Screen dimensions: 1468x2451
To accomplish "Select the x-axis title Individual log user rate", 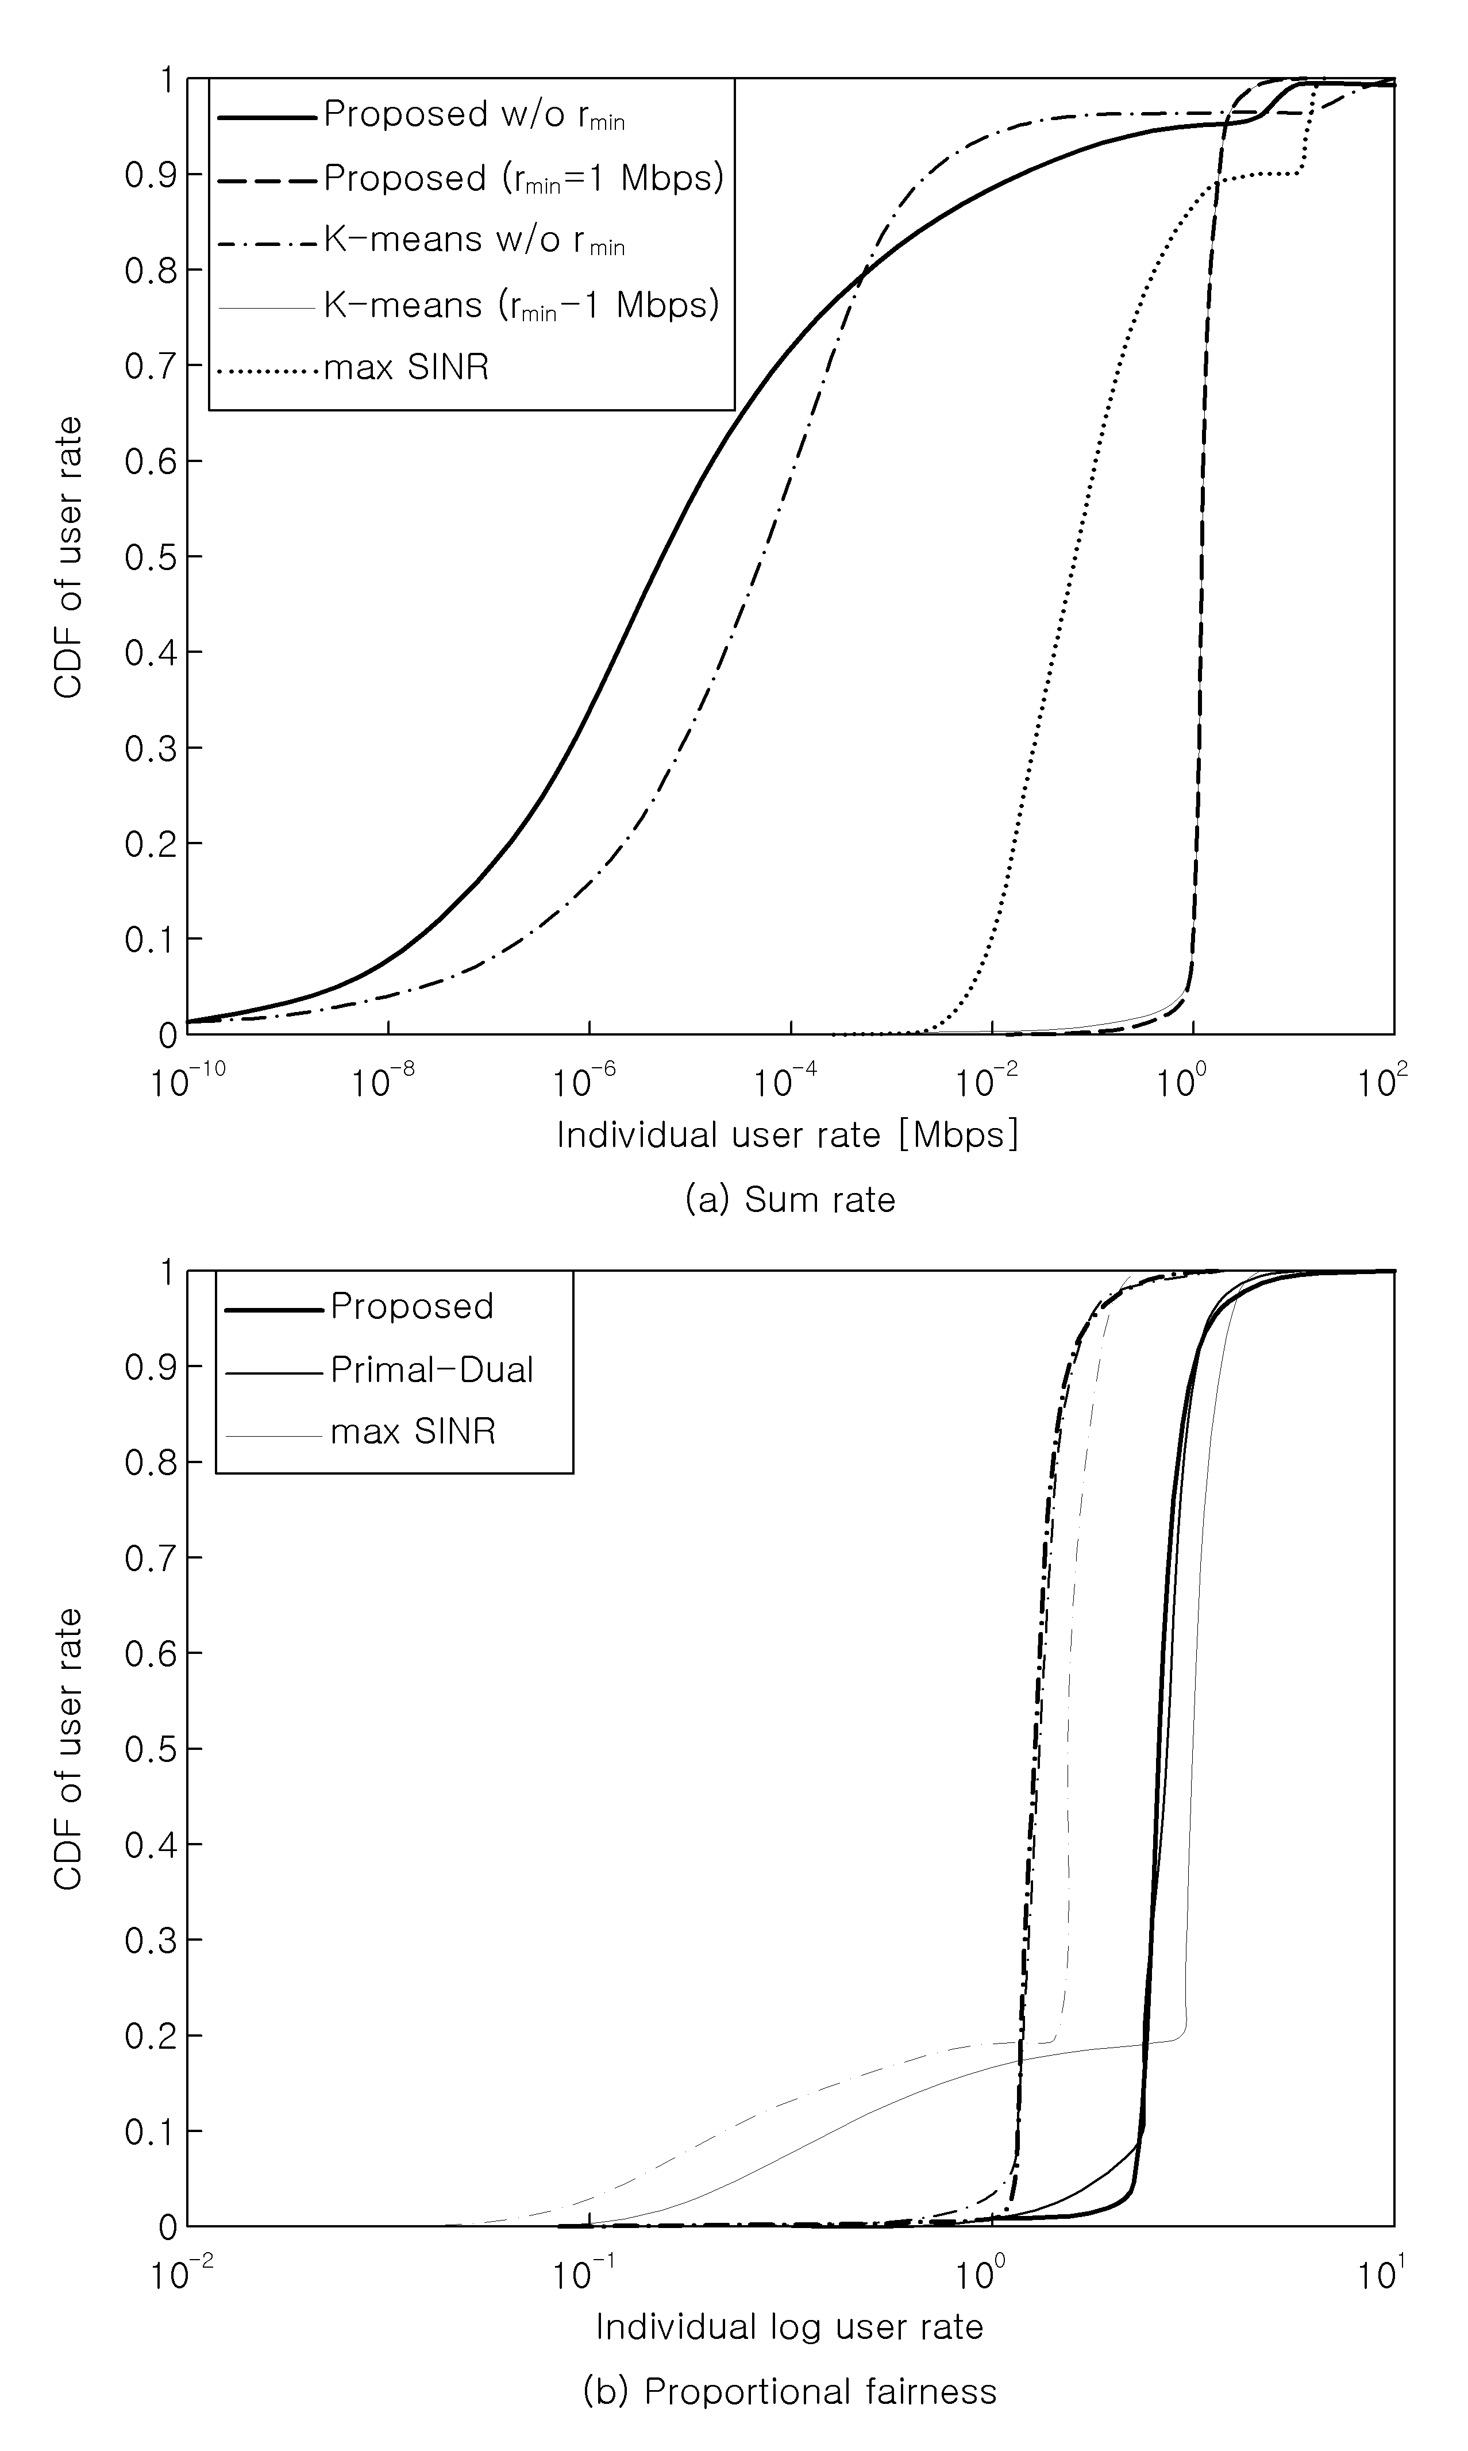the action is point(789,2326).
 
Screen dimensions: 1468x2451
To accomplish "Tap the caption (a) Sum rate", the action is point(791,1200).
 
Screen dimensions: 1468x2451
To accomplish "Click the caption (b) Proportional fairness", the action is point(791,2392).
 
